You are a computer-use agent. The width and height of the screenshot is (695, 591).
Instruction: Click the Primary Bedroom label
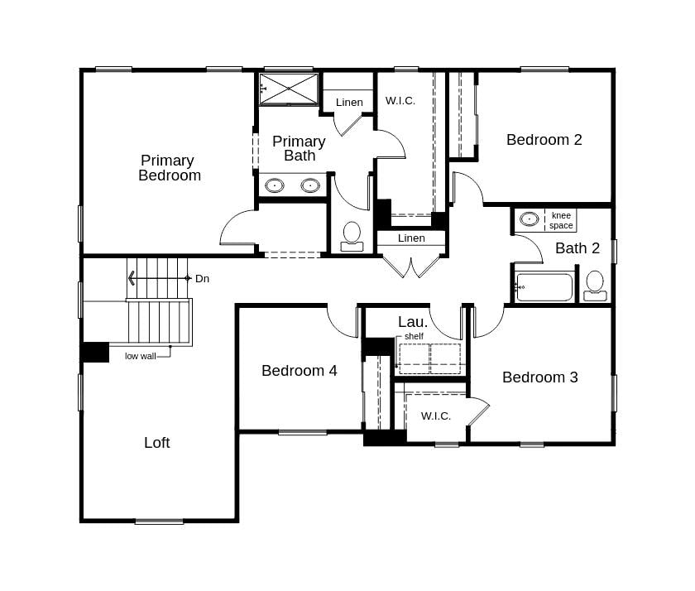[x=169, y=168]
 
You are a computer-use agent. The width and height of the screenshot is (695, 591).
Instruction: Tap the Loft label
[x=157, y=443]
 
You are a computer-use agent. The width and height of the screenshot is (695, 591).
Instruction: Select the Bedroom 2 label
[x=544, y=140]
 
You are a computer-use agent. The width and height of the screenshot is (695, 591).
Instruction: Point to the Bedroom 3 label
[x=539, y=377]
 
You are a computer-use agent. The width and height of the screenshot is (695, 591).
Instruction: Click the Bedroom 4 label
[x=299, y=371]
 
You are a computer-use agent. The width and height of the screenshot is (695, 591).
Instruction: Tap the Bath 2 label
[x=578, y=248]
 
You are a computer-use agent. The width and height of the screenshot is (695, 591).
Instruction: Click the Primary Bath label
[x=299, y=148]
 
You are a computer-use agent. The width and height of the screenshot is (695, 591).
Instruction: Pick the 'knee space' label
[x=560, y=221]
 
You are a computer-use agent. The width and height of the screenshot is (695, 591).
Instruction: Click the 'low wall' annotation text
[x=140, y=356]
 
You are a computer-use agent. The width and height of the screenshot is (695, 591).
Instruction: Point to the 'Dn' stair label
[x=202, y=279]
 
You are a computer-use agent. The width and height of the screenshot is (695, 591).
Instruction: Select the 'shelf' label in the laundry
[x=414, y=337]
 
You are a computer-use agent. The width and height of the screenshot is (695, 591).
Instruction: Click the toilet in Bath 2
[x=594, y=284]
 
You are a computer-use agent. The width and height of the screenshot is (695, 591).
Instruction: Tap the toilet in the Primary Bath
[x=352, y=235]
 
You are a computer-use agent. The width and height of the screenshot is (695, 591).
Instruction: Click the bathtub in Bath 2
[x=544, y=287]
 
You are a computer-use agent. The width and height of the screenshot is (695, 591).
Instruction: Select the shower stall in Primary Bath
[x=289, y=89]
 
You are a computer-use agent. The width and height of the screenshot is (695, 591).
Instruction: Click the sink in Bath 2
[x=529, y=219]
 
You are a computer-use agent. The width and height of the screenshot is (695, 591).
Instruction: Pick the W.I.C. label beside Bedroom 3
[x=435, y=416]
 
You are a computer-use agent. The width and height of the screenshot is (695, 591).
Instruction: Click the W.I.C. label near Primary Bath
[x=400, y=101]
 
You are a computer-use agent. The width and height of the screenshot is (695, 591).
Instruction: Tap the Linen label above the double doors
[x=411, y=238]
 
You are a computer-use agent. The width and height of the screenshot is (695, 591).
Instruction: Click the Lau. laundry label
[x=413, y=322]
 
